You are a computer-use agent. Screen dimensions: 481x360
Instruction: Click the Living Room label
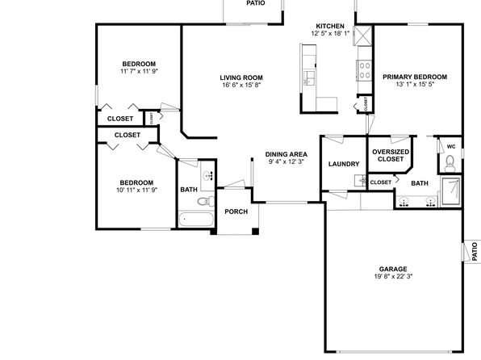tap(241, 77)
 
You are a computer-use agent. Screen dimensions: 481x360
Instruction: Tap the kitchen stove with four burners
tap(365, 70)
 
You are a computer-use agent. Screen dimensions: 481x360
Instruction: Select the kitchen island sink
tap(309, 78)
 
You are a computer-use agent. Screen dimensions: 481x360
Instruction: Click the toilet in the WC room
tap(450, 164)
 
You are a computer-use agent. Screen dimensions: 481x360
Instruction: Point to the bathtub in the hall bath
tap(196, 220)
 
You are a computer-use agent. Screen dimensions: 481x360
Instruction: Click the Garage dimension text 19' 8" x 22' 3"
tap(393, 276)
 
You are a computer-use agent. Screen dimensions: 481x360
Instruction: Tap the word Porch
tap(236, 211)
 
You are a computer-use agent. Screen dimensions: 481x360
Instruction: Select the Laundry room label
tap(344, 164)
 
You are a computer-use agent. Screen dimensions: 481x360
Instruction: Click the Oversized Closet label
tap(391, 155)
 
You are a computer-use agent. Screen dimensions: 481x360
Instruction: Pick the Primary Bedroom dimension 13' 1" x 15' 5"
tap(415, 85)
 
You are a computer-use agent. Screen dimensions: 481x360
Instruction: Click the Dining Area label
tap(287, 154)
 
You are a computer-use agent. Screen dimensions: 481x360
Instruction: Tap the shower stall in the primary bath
tap(450, 191)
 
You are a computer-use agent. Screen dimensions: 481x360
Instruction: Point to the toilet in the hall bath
tap(206, 201)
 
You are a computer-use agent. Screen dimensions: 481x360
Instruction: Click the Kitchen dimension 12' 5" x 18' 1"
tap(330, 33)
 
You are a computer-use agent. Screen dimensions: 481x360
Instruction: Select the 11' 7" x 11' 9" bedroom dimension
tap(139, 71)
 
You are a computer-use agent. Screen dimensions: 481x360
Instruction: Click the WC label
tap(451, 147)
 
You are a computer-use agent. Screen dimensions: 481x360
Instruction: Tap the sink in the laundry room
tap(361, 181)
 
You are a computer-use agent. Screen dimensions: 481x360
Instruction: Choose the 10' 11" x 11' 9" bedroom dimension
tap(137, 190)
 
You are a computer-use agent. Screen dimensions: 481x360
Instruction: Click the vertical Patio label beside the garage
tap(475, 252)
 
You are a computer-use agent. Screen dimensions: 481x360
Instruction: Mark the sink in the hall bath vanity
tap(208, 176)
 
